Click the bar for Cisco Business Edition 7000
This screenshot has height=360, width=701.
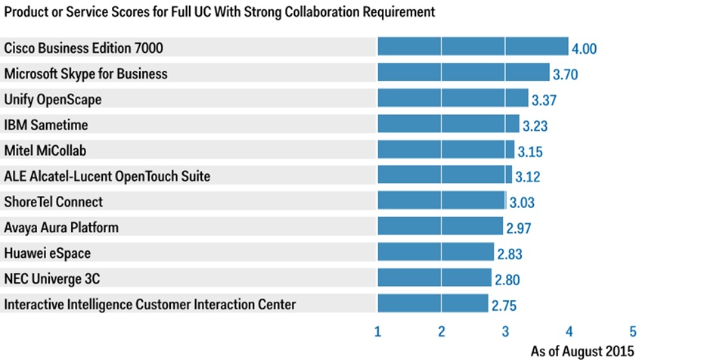(473, 47)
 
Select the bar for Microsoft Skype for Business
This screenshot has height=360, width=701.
(463, 73)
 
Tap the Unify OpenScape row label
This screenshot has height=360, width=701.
(53, 99)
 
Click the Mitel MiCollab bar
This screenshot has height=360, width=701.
(445, 150)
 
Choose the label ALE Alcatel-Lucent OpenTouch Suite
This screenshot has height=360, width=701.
(107, 176)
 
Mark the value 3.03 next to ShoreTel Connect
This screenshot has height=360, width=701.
(523, 203)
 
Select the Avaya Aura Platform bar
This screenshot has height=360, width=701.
(439, 226)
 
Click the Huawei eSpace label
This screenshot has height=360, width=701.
(48, 253)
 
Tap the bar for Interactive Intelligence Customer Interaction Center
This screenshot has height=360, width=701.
(433, 304)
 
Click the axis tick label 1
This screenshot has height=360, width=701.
(377, 331)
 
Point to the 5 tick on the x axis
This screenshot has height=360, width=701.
(633, 331)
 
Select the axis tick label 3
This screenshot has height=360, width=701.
(505, 331)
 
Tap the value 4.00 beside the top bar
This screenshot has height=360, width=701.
(585, 49)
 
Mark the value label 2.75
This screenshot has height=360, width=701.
(504, 306)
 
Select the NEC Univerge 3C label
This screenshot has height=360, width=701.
(52, 279)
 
